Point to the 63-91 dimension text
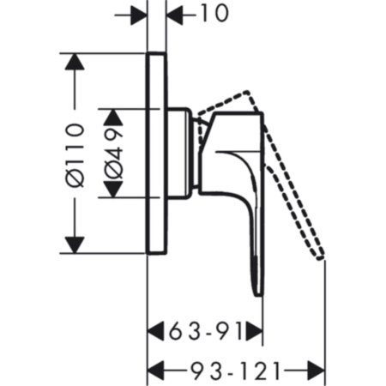(203, 330)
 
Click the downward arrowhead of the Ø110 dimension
(76, 247)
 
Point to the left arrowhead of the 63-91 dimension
(155, 330)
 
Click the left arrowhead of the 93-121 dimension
(155, 370)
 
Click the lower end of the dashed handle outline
(322, 256)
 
